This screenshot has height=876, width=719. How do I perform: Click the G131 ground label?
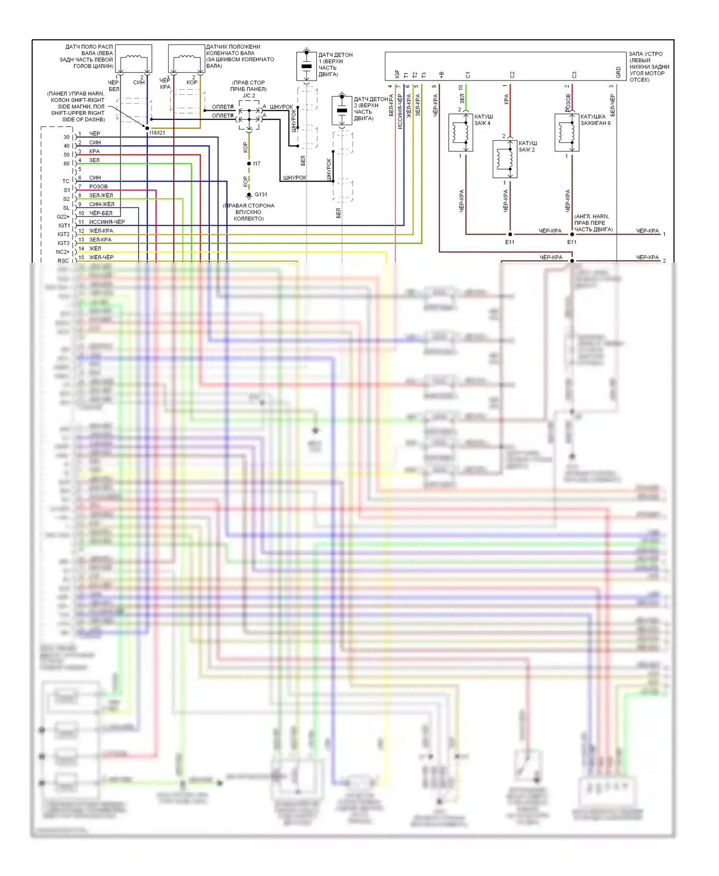(261, 195)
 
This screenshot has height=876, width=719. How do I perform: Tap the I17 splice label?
(257, 164)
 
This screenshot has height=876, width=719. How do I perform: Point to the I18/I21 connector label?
(157, 133)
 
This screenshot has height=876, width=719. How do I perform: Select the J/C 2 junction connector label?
(249, 95)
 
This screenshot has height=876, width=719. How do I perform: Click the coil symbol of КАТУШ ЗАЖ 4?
(461, 132)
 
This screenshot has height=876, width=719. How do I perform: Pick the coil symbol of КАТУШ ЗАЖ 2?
(505, 159)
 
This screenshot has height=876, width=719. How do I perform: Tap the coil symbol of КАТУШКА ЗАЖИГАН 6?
(567, 132)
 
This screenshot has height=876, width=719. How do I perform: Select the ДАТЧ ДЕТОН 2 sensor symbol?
(342, 111)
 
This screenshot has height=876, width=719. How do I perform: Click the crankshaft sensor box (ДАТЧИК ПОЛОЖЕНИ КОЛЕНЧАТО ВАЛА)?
(186, 59)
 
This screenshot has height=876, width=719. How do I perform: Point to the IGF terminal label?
(397, 74)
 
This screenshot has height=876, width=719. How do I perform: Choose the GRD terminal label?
(618, 73)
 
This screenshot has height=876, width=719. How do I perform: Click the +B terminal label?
(441, 75)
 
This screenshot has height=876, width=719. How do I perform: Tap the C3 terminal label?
(574, 75)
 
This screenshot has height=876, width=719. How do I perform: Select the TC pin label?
(66, 182)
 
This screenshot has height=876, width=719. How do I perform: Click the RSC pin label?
(63, 261)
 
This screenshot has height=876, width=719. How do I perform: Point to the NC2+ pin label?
(63, 252)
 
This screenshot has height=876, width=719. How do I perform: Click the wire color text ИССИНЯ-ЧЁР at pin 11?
(107, 222)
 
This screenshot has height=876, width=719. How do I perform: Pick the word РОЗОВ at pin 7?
(98, 186)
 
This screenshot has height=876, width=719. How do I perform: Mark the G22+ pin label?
(63, 217)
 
